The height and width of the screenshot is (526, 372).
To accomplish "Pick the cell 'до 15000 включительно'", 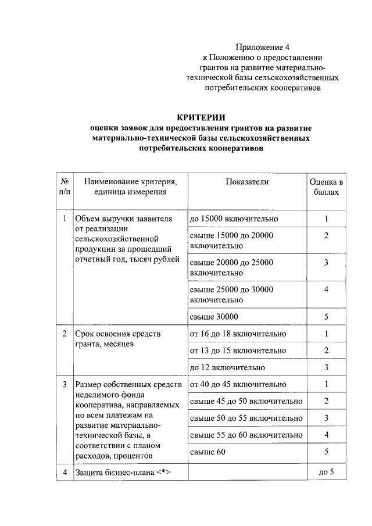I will tap(234, 219).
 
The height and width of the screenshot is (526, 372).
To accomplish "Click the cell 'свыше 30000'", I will tap(213, 316).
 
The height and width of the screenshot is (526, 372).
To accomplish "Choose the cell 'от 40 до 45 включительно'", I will tap(238, 384).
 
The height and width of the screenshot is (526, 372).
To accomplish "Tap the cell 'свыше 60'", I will tap(207, 451).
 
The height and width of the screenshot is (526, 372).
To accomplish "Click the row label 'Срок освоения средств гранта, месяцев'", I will tap(118, 339).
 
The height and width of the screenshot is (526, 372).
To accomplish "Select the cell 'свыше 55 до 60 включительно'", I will tap(246, 434).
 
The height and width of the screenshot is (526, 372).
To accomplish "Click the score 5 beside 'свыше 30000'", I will tap(327, 316).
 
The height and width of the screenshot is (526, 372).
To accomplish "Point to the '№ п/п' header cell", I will tap(64, 187).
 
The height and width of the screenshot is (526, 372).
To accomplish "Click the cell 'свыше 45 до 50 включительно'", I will tap(246, 401).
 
